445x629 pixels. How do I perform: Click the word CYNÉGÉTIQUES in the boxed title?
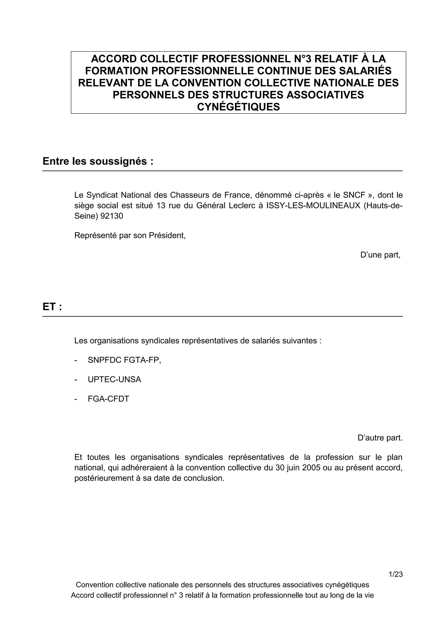[238, 107]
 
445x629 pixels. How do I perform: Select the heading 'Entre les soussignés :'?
[98, 161]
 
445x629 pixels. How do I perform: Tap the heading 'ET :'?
[52, 307]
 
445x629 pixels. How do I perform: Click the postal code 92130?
[112, 216]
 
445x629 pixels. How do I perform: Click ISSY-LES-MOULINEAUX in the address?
[313, 206]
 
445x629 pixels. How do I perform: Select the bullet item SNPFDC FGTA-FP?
[124, 360]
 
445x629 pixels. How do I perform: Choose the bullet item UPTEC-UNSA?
[114, 379]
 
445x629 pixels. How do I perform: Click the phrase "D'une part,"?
[380, 255]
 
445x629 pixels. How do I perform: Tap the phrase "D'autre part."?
[380, 438]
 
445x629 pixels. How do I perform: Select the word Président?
[167, 235]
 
